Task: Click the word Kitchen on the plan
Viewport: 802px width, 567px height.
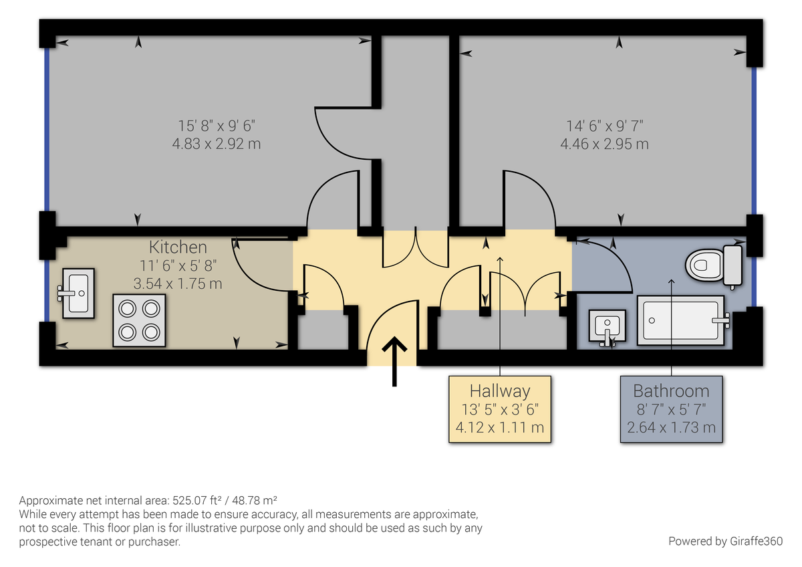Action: (x=178, y=247)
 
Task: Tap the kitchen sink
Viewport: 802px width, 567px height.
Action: (x=78, y=292)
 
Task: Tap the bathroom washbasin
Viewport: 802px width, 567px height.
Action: (x=607, y=326)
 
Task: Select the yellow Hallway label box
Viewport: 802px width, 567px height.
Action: (x=500, y=409)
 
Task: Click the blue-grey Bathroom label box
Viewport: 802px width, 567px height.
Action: (x=672, y=409)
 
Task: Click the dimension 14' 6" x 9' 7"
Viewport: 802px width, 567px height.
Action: (x=604, y=126)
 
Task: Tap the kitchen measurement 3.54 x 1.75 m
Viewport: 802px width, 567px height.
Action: (x=178, y=283)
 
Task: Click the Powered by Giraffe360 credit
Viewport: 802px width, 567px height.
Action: (x=725, y=540)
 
